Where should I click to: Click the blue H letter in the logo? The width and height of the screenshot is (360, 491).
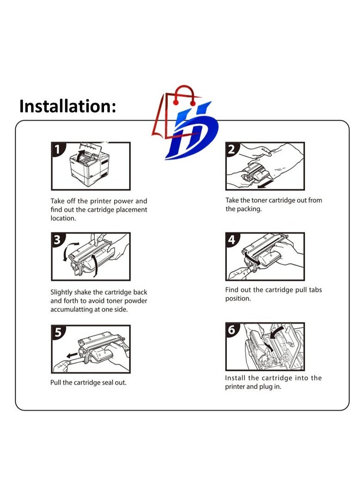[192, 129]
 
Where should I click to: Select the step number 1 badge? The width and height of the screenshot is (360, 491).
[58, 149]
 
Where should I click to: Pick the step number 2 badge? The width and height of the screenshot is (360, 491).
[232, 149]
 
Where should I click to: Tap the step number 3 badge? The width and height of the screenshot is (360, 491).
[58, 239]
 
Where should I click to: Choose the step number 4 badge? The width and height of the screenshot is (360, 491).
[232, 239]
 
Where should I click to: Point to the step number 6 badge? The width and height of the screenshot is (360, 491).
[232, 330]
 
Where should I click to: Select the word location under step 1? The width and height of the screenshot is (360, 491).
[63, 218]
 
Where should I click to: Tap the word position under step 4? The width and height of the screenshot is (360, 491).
[238, 298]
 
